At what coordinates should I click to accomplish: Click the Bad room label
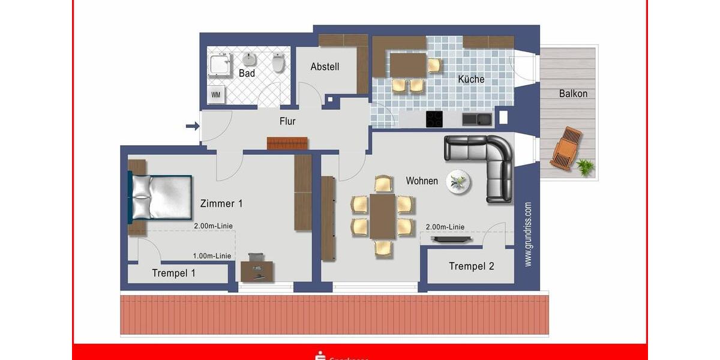[247, 73]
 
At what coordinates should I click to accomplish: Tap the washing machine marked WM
[215, 95]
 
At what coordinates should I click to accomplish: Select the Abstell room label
[325, 67]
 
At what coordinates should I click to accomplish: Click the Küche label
[471, 79]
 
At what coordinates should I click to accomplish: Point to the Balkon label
[573, 94]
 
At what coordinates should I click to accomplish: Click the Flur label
[287, 121]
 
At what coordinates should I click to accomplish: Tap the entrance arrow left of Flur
[192, 126]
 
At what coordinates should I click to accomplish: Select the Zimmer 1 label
[221, 203]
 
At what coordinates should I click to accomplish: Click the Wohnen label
[422, 181]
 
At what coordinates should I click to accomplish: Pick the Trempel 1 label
[173, 273]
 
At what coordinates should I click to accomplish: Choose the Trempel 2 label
[472, 266]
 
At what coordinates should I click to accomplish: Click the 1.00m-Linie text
[212, 256]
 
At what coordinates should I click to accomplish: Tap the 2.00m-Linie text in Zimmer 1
[213, 226]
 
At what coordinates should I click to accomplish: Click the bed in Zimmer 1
[160, 197]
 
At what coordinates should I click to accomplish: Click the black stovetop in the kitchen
[434, 119]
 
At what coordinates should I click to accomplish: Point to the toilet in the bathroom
[278, 62]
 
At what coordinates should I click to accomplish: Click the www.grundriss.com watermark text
[528, 234]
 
